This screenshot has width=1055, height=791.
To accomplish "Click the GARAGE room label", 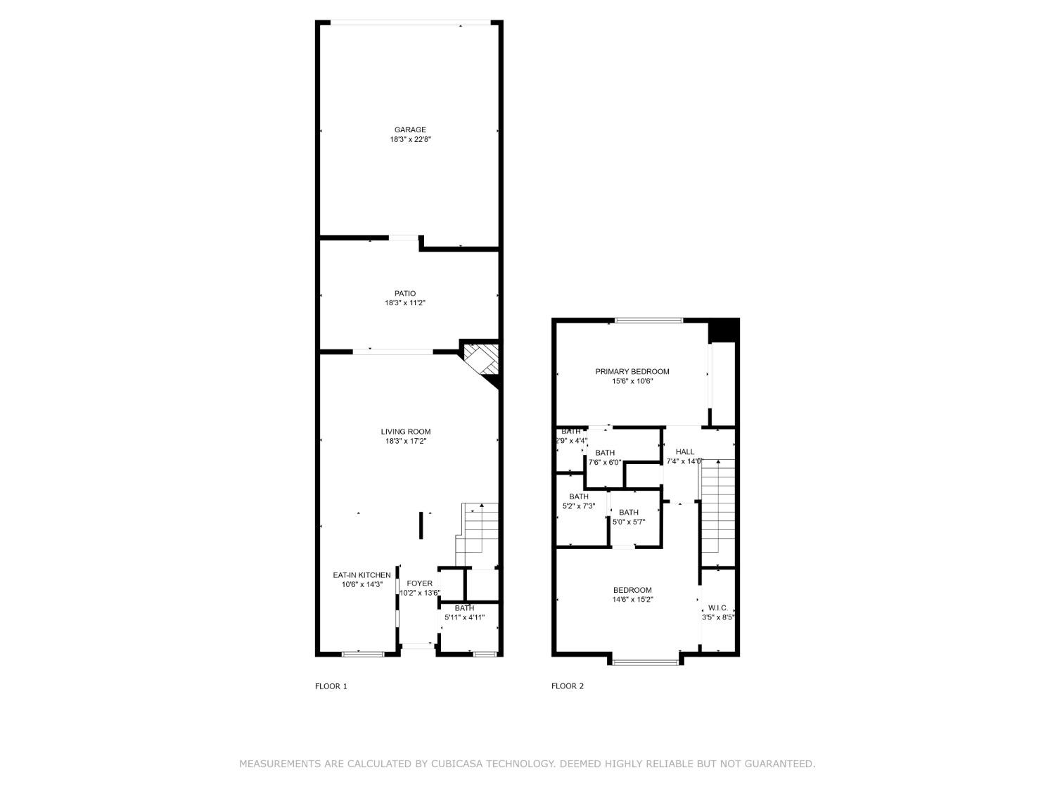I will [x=409, y=129].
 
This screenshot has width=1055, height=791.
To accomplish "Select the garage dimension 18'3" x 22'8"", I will [x=410, y=139].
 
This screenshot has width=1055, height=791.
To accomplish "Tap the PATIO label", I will [x=404, y=293].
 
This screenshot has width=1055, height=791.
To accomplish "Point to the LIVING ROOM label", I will [x=405, y=432].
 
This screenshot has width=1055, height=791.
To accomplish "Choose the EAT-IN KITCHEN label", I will [x=362, y=575].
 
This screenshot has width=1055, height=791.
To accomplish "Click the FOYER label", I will [x=419, y=583].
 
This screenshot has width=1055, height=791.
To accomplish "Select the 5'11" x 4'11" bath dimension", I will [x=464, y=617].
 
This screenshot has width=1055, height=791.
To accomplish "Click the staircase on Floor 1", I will [x=478, y=534].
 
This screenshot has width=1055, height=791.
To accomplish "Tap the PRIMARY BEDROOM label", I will [x=632, y=371].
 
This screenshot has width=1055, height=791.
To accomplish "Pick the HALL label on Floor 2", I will [x=684, y=451].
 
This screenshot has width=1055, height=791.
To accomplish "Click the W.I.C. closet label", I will [x=717, y=607].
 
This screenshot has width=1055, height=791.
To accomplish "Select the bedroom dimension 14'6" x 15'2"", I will [x=632, y=600].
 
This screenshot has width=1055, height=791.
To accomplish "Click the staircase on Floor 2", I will [x=717, y=506].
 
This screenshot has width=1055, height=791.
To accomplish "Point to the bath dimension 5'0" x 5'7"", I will [x=629, y=522].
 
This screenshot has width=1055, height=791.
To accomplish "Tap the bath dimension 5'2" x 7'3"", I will [x=579, y=506].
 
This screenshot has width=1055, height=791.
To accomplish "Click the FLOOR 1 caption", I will [x=331, y=686].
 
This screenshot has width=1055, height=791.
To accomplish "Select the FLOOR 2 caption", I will [x=567, y=686].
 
